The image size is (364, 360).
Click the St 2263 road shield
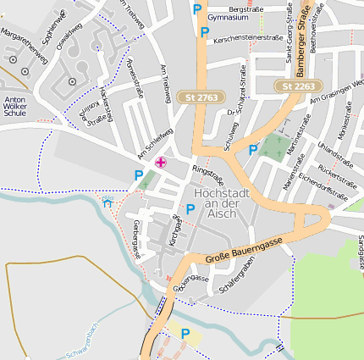(298, 86)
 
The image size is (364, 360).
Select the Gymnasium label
(228, 17)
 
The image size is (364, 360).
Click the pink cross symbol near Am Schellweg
(161, 162)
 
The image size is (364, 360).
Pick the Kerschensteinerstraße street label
(248, 38)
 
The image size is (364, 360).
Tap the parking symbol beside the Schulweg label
(252, 150)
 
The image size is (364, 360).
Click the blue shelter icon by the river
(108, 202)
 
